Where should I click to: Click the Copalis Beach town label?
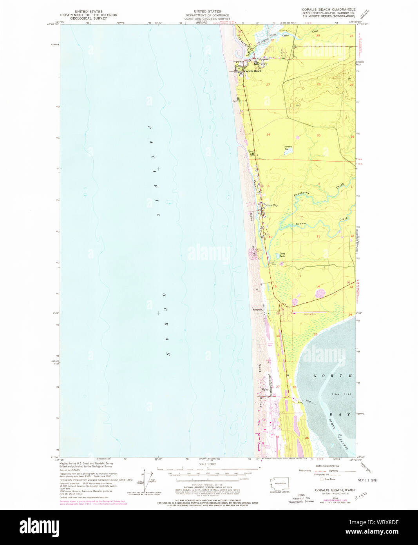coord(253,71)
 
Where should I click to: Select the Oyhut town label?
coord(266,389)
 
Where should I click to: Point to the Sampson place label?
coord(257,310)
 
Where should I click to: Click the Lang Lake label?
coord(282,255)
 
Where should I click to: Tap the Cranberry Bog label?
coord(288,148)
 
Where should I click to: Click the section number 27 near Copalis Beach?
coord(268,85)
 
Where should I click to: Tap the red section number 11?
coord(318,236)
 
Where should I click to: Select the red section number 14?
coord(318,287)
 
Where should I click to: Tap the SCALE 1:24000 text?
coord(208,464)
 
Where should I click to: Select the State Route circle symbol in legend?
coord(322,479)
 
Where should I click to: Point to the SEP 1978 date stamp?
coord(367,480)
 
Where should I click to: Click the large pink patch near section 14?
coord(320,293)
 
